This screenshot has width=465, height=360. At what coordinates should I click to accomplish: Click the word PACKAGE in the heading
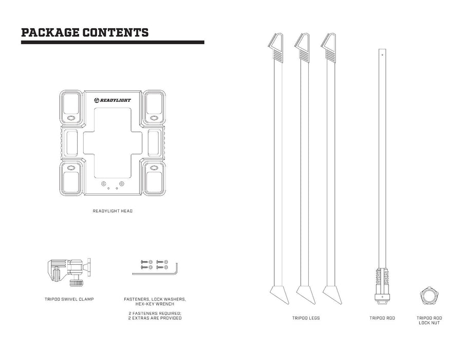coord(50,32)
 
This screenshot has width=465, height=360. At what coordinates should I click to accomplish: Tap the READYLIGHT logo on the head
coord(113,100)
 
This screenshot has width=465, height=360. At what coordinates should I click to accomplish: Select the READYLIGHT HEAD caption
coord(113,211)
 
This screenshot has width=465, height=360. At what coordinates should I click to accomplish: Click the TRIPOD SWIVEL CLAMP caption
coord(69,299)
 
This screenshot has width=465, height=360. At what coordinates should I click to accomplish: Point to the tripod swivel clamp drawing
coord(69,272)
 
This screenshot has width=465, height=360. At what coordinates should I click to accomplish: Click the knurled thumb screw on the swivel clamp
coord(76,282)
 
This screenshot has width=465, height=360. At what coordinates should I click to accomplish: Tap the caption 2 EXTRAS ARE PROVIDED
coord(155,318)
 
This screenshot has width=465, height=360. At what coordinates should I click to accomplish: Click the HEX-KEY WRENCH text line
coord(155,304)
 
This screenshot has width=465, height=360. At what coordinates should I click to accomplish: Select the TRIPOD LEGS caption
coord(306,318)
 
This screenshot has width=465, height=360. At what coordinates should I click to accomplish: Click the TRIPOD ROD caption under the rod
coord(382,318)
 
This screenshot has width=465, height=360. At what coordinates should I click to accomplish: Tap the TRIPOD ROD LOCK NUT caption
coord(429,320)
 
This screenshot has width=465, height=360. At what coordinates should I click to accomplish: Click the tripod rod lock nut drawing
coord(429,296)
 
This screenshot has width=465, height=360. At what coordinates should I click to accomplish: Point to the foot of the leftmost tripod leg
coord(280,295)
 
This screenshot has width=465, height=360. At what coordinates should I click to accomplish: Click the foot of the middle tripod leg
coord(306,295)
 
